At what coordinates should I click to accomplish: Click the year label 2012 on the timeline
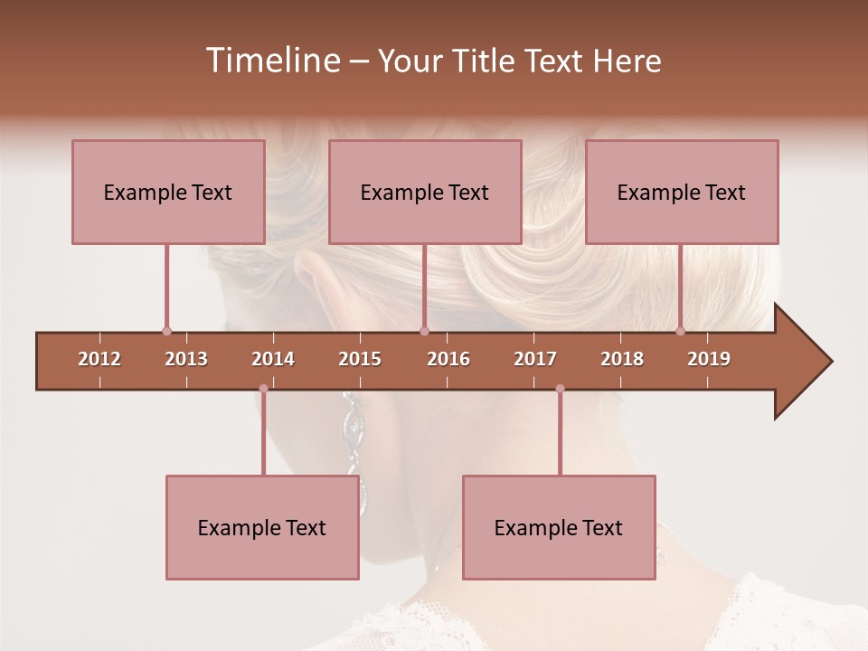click(x=99, y=359)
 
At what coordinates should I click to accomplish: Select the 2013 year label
click(x=186, y=359)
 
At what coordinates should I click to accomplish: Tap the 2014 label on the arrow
click(x=273, y=359)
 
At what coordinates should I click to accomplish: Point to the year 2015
click(x=360, y=359)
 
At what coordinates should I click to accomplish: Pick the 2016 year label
click(x=448, y=359)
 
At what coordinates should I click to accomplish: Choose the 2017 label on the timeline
click(x=535, y=359)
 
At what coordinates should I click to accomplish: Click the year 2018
click(x=622, y=359)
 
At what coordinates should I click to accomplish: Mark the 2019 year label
click(x=709, y=359)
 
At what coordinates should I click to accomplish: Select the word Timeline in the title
click(x=271, y=61)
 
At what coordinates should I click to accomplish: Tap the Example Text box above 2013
click(x=168, y=192)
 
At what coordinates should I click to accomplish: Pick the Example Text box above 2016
click(x=425, y=192)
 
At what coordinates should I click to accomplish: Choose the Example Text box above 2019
click(x=682, y=192)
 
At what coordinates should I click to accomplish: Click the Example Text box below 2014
click(x=262, y=527)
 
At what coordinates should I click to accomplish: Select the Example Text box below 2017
click(x=559, y=527)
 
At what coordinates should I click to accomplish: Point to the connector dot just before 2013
click(x=166, y=332)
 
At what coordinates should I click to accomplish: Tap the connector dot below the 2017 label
click(x=560, y=389)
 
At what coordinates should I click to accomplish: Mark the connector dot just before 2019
click(x=680, y=332)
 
